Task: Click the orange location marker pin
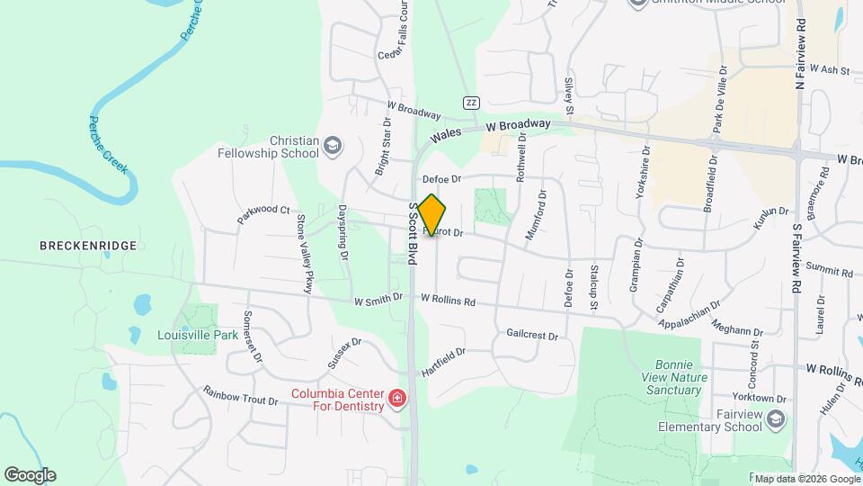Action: (431, 215)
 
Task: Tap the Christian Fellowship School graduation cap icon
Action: (333, 145)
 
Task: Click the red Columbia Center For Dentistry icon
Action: (396, 398)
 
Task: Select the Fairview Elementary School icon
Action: (778, 418)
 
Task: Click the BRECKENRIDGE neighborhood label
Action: (87, 245)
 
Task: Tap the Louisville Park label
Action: (198, 335)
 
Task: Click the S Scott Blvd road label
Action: (414, 233)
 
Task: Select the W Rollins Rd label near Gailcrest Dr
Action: (447, 300)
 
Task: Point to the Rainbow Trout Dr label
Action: (240, 396)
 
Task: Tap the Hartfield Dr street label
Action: (443, 362)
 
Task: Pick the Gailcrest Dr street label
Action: (532, 335)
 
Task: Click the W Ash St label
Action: (830, 68)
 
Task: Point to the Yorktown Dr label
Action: (761, 398)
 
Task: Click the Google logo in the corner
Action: (30, 474)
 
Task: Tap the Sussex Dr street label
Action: (343, 354)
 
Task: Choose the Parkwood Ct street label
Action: (264, 214)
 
